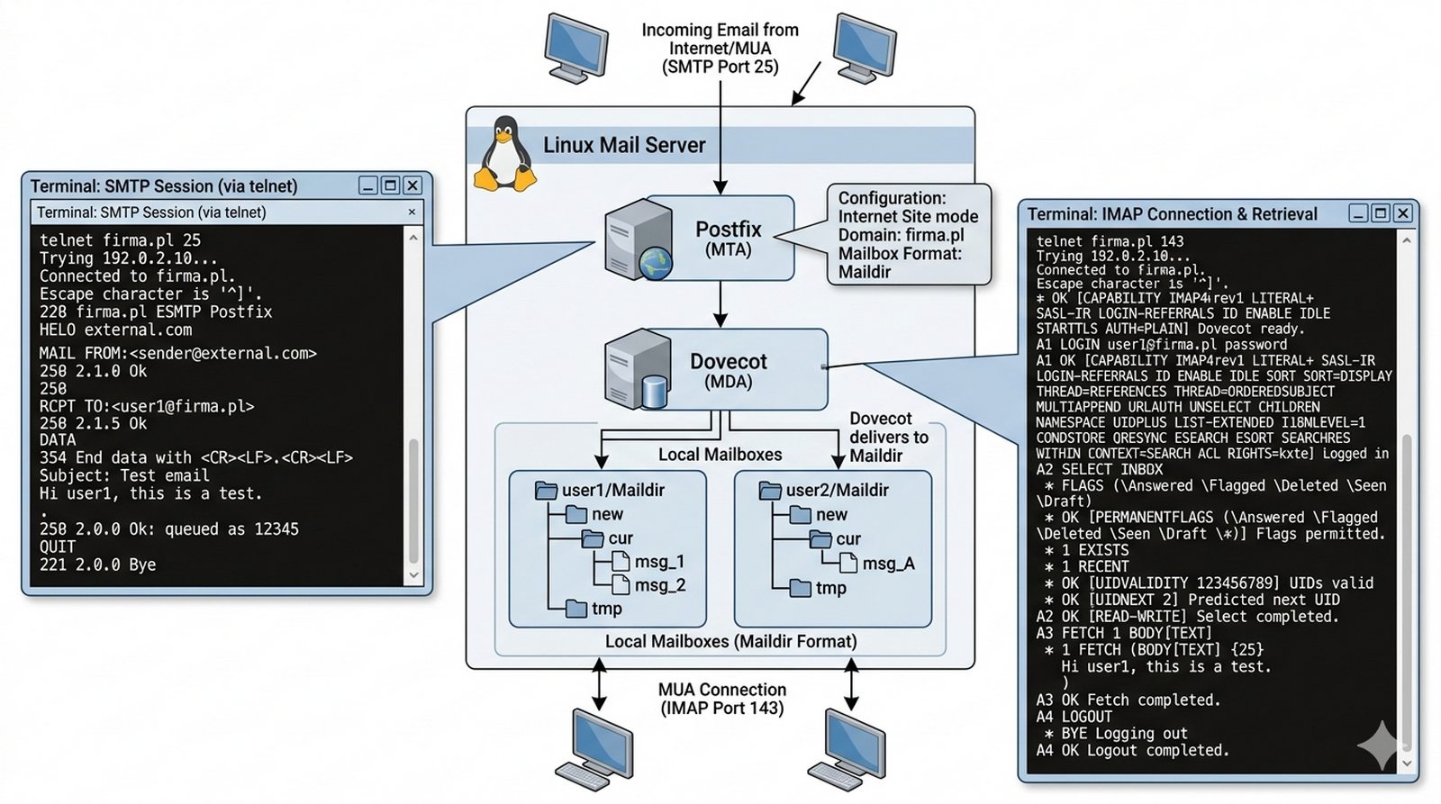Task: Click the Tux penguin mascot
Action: [x=505, y=154]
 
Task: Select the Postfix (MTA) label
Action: [x=728, y=239]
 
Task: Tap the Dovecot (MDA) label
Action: [x=728, y=370]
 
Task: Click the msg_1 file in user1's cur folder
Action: [x=658, y=562]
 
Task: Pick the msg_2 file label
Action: [x=659, y=585]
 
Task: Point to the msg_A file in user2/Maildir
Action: [x=887, y=564]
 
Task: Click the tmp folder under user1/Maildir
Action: [x=606, y=610]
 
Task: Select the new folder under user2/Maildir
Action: [x=830, y=515]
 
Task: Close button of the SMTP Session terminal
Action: [x=412, y=185]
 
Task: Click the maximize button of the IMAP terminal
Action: [x=1381, y=213]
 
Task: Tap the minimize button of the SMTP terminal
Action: [x=367, y=185]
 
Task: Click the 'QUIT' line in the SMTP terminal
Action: [x=58, y=547]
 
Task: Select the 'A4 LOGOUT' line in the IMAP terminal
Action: [x=1074, y=717]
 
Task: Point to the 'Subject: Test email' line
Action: [x=124, y=475]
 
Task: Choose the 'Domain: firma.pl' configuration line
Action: [x=901, y=235]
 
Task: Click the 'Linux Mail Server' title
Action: [x=624, y=145]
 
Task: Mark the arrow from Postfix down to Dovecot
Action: [x=720, y=306]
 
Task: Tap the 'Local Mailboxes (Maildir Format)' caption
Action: [x=730, y=641]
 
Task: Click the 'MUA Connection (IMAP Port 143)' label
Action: [x=722, y=699]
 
